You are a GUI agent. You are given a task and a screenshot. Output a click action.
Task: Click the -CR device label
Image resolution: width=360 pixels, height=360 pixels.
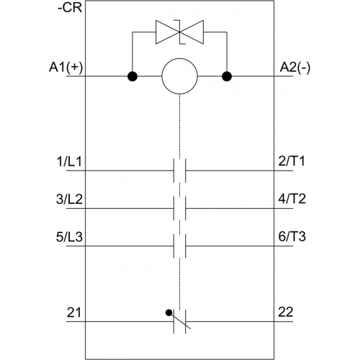[70, 8]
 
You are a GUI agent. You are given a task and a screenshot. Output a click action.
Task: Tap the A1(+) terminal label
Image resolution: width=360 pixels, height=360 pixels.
[66, 67]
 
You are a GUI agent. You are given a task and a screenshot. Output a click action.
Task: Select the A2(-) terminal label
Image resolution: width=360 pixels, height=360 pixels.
[295, 68]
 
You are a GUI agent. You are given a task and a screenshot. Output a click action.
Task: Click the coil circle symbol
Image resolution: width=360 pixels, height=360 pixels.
[180, 76]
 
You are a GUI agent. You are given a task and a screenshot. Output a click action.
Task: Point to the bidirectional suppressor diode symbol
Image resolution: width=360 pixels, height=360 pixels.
[179, 32]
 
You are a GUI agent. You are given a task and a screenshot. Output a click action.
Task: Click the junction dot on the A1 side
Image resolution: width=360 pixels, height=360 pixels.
[132, 76]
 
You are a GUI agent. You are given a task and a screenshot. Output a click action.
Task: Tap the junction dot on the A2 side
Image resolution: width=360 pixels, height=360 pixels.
[227, 76]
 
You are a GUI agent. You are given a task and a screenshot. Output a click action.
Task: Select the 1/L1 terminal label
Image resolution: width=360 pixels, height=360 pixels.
[69, 161]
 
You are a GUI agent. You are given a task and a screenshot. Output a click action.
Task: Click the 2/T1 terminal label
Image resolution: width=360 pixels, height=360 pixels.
[292, 161]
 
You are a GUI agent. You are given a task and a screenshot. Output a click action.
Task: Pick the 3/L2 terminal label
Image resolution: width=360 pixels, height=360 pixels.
[69, 199]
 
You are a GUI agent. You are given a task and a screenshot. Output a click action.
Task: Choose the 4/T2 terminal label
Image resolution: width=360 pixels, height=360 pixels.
[292, 199]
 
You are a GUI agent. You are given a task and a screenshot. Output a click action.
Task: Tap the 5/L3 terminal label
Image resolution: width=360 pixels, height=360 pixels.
[69, 237]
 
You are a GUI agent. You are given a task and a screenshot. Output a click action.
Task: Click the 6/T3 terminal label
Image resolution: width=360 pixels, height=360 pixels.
[292, 236]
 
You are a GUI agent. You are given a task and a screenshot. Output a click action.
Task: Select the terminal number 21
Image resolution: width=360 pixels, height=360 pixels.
[74, 312]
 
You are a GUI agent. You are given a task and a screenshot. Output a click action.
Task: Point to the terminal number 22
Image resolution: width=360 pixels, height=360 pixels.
[286, 312]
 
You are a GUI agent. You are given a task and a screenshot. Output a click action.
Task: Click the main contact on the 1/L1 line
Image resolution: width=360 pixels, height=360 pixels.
[180, 171]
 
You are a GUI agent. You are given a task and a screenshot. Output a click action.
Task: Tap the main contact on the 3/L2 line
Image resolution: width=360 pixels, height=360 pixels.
[180, 208]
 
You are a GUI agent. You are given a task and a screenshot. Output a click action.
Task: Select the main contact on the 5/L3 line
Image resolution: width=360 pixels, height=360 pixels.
[180, 246]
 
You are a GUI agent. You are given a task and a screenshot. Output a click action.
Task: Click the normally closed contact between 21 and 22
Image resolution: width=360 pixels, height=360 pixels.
[180, 321]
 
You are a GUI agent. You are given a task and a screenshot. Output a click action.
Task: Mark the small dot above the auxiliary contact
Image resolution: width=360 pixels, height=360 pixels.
[169, 312]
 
